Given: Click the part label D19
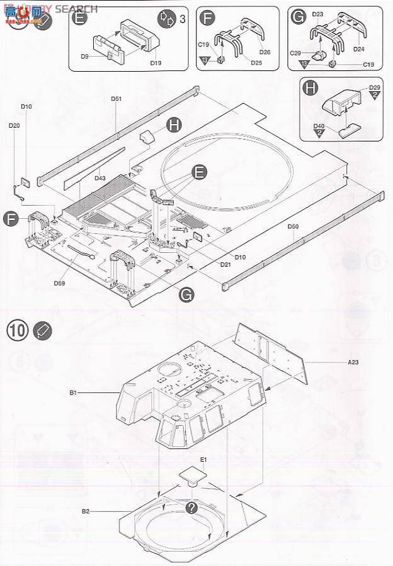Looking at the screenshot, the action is tap(156, 63).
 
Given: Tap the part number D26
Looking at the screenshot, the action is tap(265, 52).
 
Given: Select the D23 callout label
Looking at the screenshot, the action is tap(317, 14).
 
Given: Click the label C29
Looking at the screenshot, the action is tap(295, 54).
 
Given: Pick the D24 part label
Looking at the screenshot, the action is tap(360, 48).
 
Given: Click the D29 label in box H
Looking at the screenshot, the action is tap(375, 87).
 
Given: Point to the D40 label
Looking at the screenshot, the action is tap(319, 126).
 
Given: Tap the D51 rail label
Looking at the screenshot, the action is tap(116, 99).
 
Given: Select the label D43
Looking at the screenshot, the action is tap(100, 178).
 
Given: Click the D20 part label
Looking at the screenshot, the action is tap(14, 125).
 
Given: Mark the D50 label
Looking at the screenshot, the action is tap(293, 226).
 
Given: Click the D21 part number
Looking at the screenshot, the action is tap(225, 265).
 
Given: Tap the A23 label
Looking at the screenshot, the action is tap(353, 362).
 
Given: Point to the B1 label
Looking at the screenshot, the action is tap(73, 392).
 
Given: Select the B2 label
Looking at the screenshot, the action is tap(86, 512).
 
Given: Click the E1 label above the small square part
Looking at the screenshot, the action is tap(203, 460).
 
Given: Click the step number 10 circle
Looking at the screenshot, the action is tap(17, 330).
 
